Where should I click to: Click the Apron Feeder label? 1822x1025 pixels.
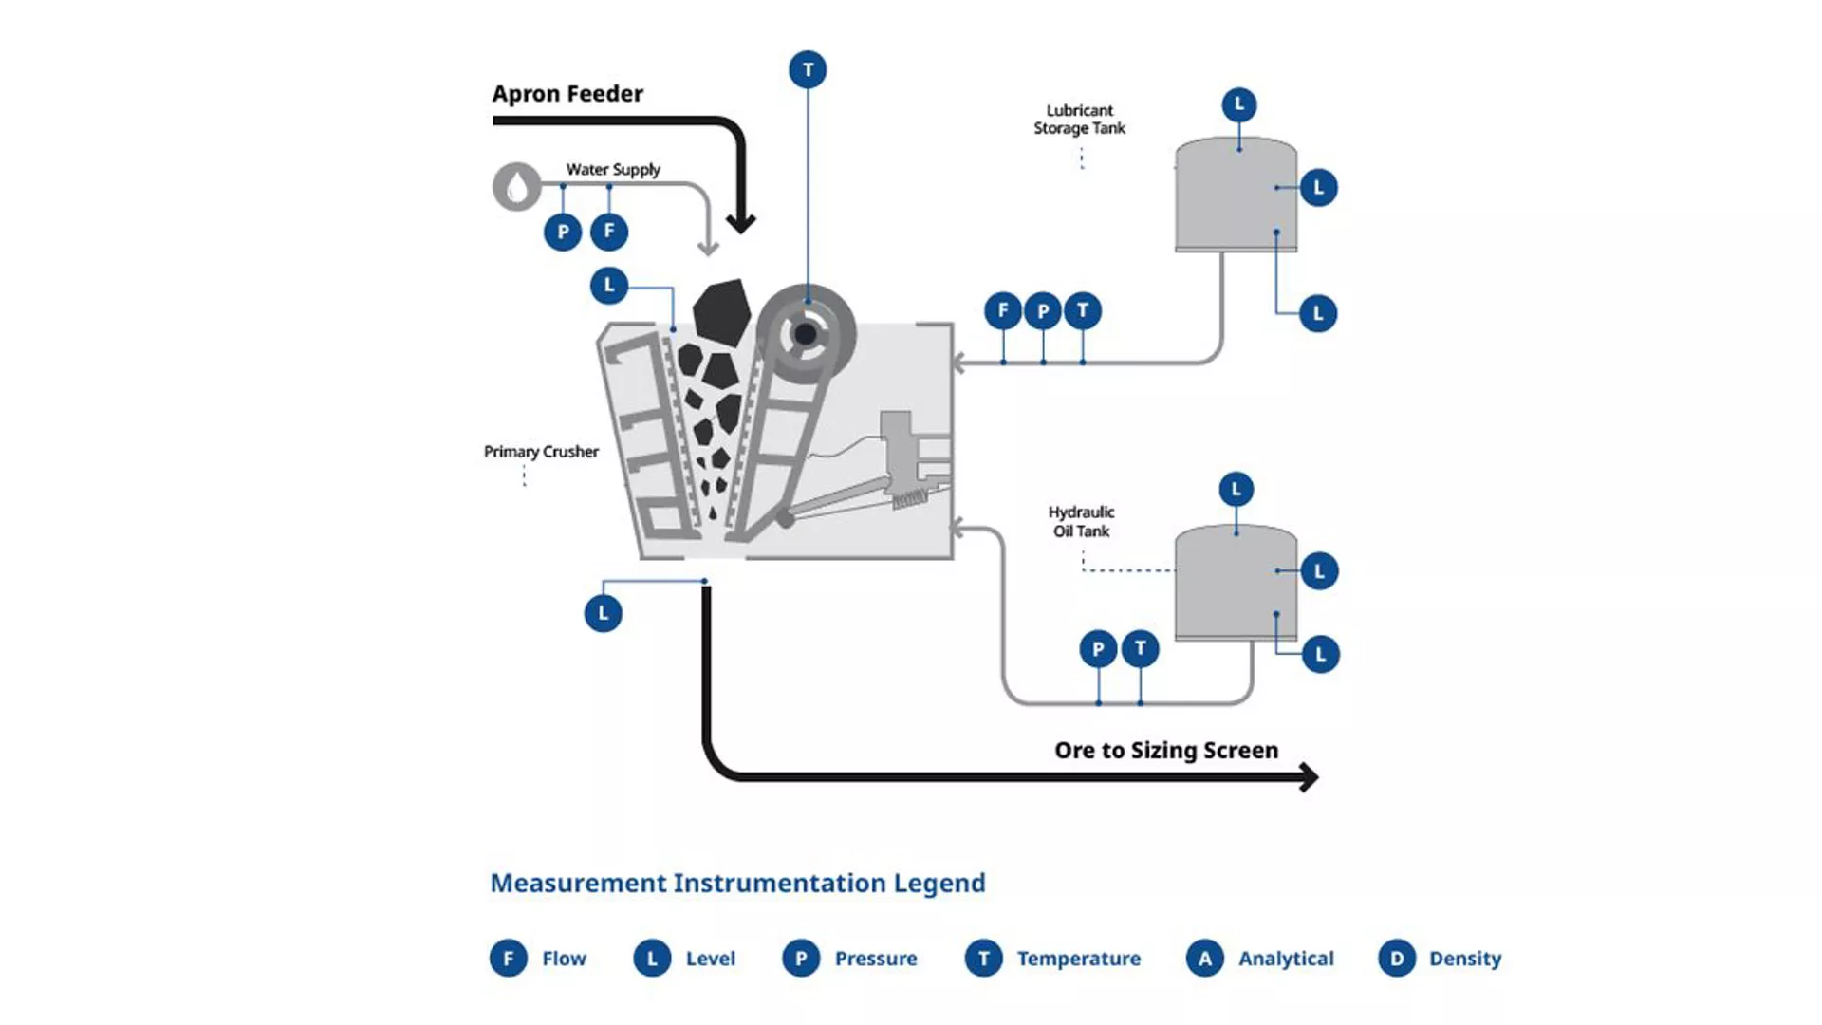[567, 94]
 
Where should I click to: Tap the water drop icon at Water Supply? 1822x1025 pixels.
[516, 187]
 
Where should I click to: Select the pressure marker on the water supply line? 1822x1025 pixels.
[563, 232]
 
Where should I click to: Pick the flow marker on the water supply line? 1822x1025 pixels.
[609, 232]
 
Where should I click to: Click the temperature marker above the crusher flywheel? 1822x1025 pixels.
[808, 69]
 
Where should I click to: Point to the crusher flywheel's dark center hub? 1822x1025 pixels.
[806, 334]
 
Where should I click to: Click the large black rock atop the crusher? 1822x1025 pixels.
[721, 311]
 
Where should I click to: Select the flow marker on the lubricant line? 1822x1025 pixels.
[1003, 310]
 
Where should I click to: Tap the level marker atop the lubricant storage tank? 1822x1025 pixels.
[1238, 104]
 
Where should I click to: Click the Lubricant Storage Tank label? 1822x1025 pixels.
[1079, 120]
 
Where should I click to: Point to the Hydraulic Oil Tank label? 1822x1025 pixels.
[1081, 522]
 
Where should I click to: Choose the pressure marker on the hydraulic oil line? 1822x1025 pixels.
[1098, 649]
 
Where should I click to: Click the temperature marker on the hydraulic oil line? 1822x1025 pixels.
[1140, 649]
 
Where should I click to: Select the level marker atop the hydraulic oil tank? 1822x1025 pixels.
[1236, 490]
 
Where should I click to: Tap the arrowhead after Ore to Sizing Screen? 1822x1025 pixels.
[1309, 777]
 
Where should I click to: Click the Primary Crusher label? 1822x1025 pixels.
[541, 452]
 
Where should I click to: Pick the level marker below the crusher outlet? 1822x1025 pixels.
[604, 613]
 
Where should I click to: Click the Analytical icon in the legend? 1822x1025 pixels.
[1204, 959]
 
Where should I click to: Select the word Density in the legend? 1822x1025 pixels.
[1465, 959]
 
